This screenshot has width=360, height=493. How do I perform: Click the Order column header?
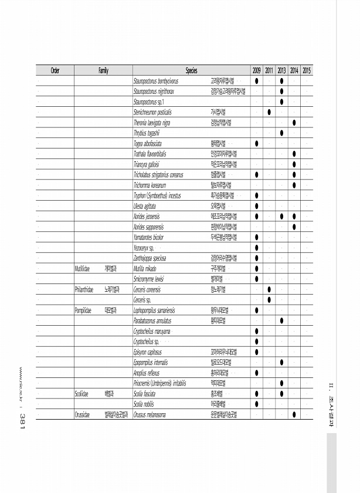pos(55,71)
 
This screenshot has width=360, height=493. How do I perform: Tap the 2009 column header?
pos(257,71)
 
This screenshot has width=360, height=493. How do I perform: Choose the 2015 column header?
pos(307,71)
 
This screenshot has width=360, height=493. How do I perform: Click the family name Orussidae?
pos(81,416)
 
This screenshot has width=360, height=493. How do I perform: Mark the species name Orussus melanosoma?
pos(158,416)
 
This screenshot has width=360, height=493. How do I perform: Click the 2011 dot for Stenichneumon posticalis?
pos(269,112)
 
